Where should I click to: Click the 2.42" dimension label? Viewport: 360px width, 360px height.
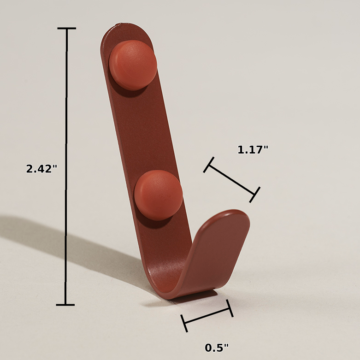tap(41, 169)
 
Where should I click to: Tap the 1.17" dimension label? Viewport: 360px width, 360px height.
tap(253, 150)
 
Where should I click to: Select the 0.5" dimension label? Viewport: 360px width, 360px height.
tap(217, 348)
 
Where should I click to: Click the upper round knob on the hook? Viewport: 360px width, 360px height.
tap(133, 65)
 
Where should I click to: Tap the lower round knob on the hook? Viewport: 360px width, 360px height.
tap(158, 195)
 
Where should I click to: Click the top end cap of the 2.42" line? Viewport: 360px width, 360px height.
tap(66, 29)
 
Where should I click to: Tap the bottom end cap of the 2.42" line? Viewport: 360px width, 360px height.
tap(65, 305)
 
